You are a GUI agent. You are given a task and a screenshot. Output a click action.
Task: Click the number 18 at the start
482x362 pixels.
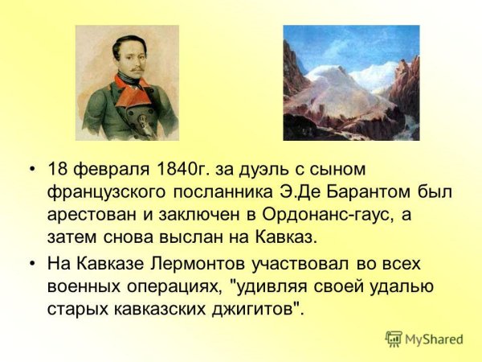[x=57, y=170]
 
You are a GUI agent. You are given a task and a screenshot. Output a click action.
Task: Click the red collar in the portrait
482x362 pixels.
[x=126, y=84]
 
